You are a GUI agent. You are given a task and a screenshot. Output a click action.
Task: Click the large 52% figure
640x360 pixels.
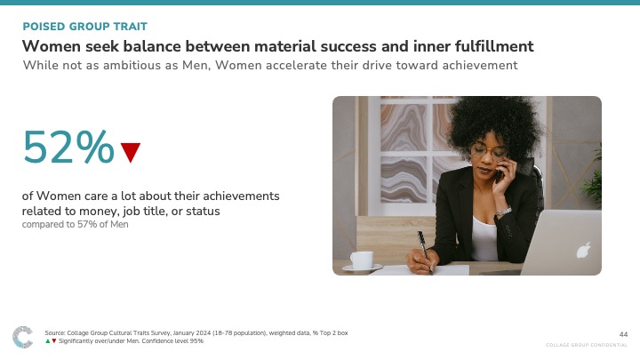click(x=68, y=147)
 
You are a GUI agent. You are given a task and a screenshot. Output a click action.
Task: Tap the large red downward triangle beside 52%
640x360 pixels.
click(x=131, y=152)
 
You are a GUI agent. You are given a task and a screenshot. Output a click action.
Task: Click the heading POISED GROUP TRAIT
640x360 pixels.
click(x=85, y=27)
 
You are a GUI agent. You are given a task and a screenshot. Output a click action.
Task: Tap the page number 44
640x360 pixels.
click(x=623, y=334)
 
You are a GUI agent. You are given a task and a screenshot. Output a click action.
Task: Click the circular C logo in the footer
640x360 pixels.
click(x=22, y=337)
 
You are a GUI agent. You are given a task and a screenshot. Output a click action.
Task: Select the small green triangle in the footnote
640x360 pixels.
click(x=48, y=340)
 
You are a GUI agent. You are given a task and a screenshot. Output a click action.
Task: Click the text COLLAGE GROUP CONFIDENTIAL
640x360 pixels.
click(x=587, y=345)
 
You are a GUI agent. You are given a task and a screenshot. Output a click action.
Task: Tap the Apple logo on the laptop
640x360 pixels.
click(x=584, y=250)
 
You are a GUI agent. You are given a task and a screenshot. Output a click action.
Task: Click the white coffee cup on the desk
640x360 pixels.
click(x=362, y=260)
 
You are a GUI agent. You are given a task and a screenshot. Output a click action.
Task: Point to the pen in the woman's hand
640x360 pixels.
click(x=424, y=251)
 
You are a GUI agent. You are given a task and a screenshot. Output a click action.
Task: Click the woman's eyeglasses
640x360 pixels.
click(x=489, y=151)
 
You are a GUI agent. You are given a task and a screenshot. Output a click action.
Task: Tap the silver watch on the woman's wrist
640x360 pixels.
click(x=504, y=212)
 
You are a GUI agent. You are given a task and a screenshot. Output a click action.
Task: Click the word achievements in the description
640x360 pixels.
click(x=241, y=196)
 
